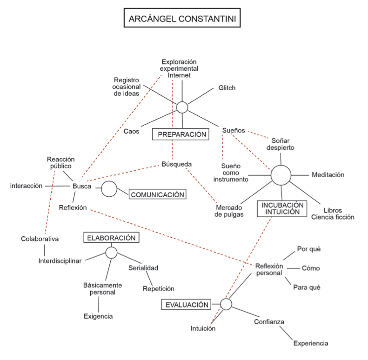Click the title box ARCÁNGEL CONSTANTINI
pos(183,21)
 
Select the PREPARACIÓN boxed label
pos(180,135)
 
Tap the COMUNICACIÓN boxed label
pos(157,194)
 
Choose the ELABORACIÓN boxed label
pos(111,238)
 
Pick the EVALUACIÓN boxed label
pos(184,305)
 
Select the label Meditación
pos(328,175)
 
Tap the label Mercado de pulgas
pos(229,211)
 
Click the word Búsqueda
pos(177,164)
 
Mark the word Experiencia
pos(311,344)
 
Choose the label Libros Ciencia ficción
pos(333,213)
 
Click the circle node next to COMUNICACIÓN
pos(109,188)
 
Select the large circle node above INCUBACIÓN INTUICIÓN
pos(281,176)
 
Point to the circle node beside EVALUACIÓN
pos(226,304)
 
